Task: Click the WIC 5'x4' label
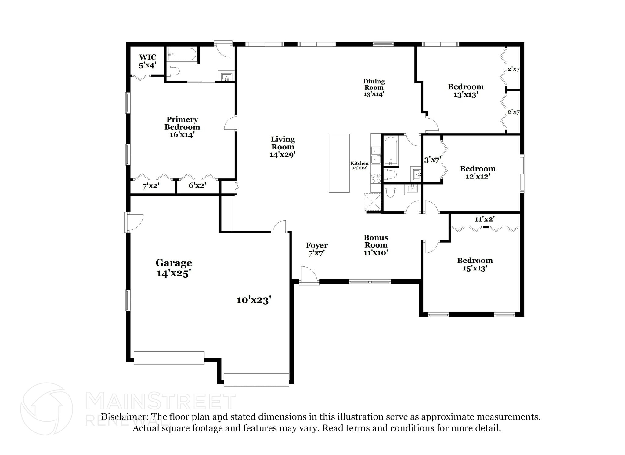click(x=147, y=61)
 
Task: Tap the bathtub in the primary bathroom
click(x=182, y=55)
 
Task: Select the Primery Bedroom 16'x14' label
click(x=182, y=127)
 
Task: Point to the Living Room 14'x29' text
click(x=283, y=147)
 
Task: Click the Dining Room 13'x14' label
click(x=374, y=88)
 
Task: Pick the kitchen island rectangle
click(x=339, y=163)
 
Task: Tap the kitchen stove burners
click(x=376, y=178)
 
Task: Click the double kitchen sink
click(x=376, y=155)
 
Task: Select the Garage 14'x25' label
click(x=174, y=268)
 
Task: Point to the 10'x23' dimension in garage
click(x=254, y=300)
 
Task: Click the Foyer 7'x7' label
click(x=316, y=249)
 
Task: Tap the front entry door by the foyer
click(x=309, y=276)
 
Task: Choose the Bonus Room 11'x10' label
click(x=376, y=245)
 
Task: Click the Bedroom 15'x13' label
click(x=475, y=264)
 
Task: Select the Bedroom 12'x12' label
click(x=478, y=172)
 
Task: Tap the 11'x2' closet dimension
click(x=484, y=219)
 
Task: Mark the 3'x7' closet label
click(x=432, y=160)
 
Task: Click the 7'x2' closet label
click(x=151, y=186)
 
